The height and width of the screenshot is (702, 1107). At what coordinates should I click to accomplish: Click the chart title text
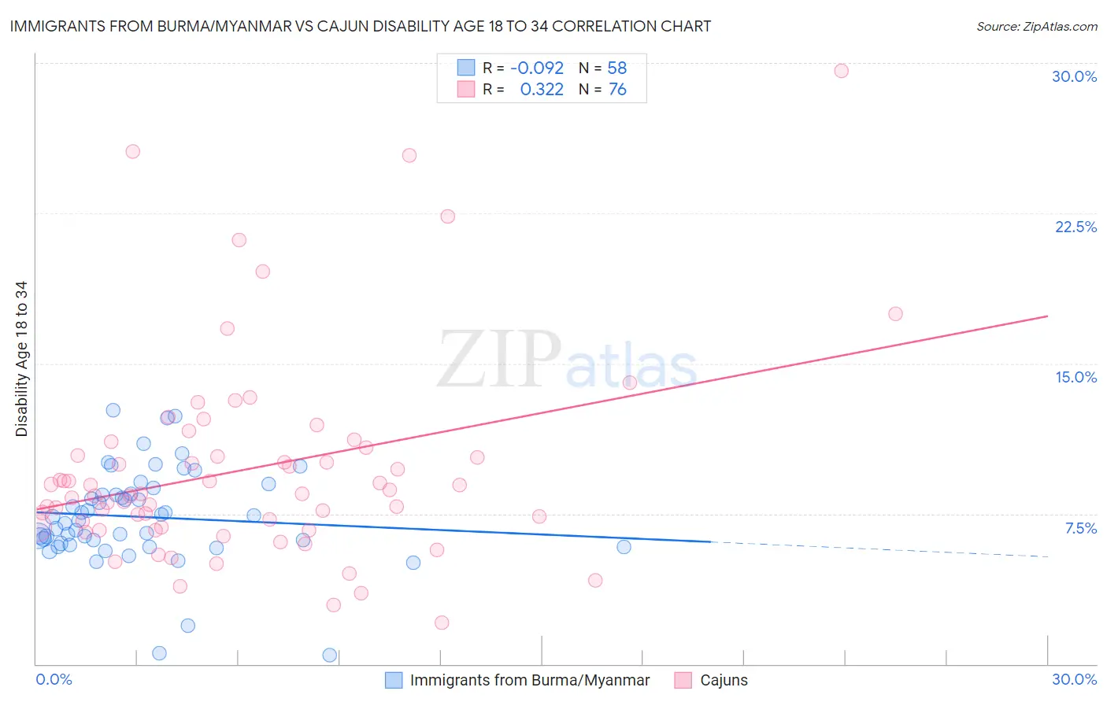[x=360, y=26]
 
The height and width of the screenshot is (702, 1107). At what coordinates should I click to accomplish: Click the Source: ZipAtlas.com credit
[x=1036, y=26]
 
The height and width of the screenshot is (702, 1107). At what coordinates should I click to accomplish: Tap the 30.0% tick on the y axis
[x=1074, y=76]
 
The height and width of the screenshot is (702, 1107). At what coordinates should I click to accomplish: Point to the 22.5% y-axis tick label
[x=1076, y=227]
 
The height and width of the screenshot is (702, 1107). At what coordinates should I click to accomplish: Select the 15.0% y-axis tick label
[x=1076, y=377]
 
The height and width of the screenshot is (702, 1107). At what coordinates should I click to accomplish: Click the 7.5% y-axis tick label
[x=1080, y=528]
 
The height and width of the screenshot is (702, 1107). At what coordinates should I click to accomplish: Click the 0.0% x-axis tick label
[x=54, y=679]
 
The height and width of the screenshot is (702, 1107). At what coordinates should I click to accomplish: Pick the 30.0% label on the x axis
[x=1074, y=679]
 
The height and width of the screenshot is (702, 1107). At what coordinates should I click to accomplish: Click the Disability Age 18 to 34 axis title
[x=21, y=359]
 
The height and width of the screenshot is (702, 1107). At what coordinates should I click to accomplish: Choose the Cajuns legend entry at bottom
[x=724, y=680]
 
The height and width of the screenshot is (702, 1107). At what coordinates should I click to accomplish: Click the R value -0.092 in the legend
[x=537, y=68]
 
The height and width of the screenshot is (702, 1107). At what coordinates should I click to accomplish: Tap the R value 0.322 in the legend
[x=542, y=90]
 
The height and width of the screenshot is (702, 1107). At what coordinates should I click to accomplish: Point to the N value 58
[x=616, y=68]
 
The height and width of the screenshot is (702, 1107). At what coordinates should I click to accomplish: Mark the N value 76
[x=616, y=90]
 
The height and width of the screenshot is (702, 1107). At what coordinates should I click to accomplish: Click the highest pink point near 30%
[x=841, y=71]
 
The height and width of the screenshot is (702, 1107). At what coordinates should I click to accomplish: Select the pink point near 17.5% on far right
[x=895, y=314]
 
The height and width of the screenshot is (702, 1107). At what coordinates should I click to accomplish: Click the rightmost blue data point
[x=624, y=547]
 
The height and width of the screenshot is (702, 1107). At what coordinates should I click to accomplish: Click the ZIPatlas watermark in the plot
[x=567, y=360]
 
